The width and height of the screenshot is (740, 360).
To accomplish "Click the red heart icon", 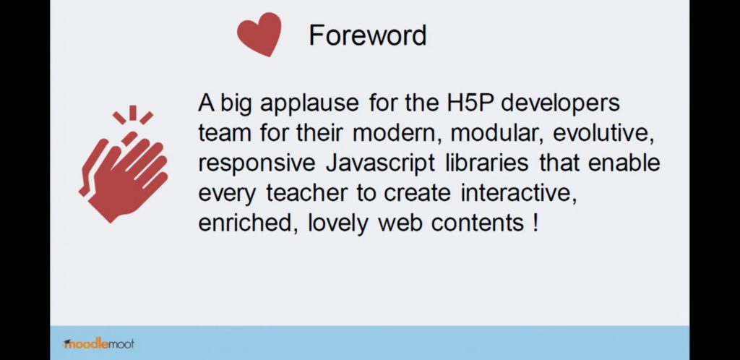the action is (x=259, y=33).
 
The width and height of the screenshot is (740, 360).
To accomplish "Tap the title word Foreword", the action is (x=368, y=35).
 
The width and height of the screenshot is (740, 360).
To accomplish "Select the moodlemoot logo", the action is (x=98, y=343).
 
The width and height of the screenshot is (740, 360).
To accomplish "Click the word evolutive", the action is (x=603, y=133).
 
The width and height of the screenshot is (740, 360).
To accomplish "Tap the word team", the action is (x=223, y=133).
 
